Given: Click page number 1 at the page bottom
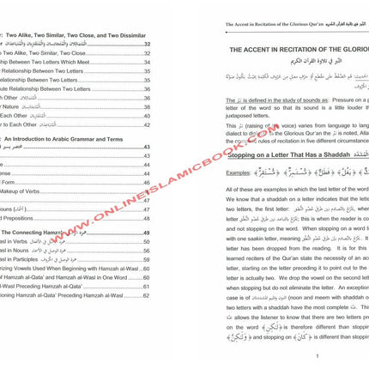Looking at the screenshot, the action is (x=293, y=356).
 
